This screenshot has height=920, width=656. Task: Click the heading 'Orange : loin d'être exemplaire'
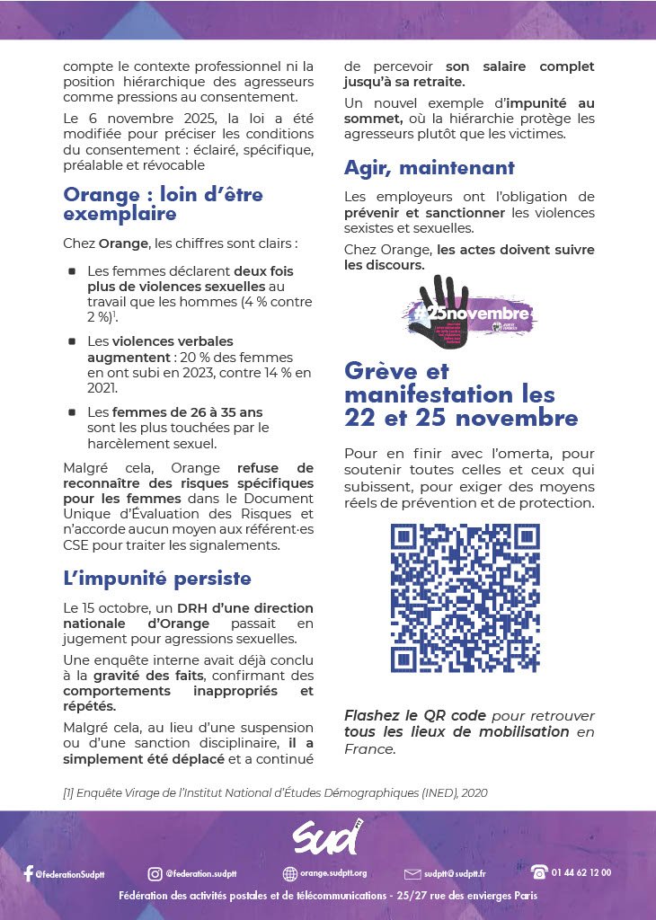[163, 204]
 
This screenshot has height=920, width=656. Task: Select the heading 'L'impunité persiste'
[157, 578]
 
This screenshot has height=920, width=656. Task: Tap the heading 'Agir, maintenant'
[430, 168]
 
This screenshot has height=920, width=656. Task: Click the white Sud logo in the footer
[326, 839]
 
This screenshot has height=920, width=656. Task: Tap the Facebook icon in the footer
[28, 873]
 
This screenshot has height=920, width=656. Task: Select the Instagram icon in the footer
[155, 873]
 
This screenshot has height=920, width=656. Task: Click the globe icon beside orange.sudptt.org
[289, 873]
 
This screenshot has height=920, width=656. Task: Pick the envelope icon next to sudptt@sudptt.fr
[412, 873]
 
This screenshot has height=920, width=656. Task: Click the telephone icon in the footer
[539, 871]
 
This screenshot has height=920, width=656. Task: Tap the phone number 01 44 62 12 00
[583, 872]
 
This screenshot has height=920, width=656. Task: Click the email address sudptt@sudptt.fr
[456, 873]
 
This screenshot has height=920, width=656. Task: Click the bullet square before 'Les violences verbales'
[71, 342]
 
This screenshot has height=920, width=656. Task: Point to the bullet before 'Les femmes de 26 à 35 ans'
[71, 412]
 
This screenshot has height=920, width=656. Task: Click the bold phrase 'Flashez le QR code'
[415, 716]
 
